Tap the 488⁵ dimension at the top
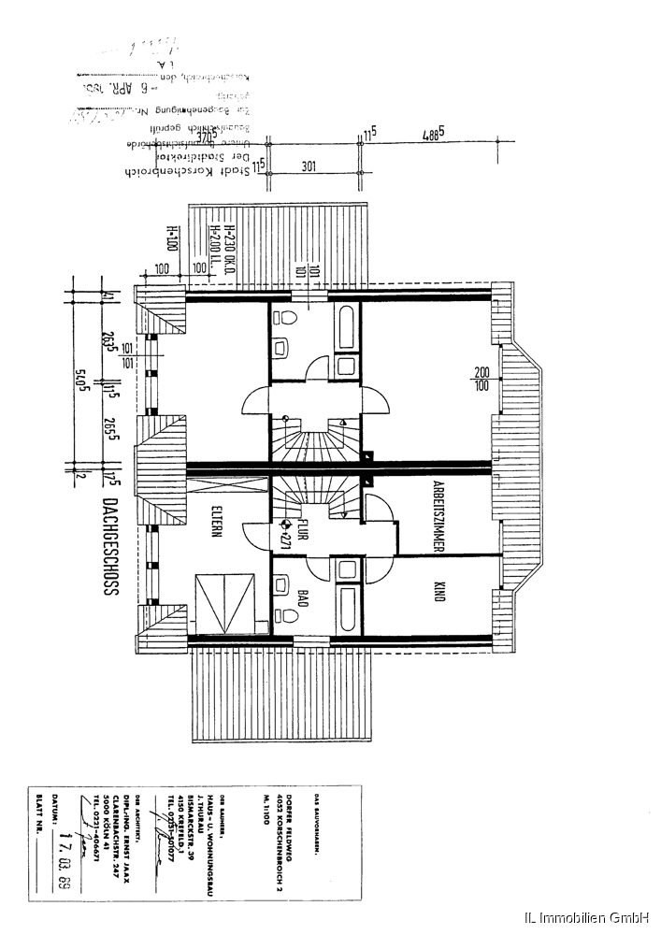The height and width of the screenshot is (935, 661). click(x=432, y=134)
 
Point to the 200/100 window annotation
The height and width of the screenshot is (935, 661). click(x=481, y=378)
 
